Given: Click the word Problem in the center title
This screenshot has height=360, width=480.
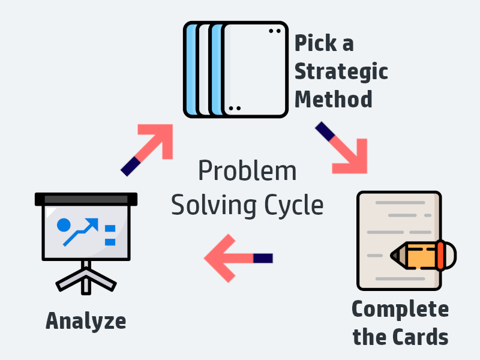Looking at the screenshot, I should pos(247,172).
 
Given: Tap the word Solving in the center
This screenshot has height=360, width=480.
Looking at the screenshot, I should pos(207,206).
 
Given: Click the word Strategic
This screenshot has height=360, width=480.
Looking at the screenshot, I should pos(341,72).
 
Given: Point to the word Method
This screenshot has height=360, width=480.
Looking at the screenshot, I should pos(333,98).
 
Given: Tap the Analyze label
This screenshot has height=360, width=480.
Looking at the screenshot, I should pos(86,320).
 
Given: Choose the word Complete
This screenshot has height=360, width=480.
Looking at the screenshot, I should pos(400,309).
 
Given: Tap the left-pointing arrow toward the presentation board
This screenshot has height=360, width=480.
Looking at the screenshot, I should pos(237,258).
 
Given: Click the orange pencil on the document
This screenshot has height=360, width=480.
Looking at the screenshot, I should pos(423,254).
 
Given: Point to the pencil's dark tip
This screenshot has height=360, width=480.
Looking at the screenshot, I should pos(395,255).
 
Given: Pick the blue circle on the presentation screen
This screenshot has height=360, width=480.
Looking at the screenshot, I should pos(63,226).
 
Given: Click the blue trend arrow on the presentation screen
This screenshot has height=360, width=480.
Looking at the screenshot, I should pos(83,230).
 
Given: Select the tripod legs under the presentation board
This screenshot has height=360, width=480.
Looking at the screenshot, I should pos(86,278).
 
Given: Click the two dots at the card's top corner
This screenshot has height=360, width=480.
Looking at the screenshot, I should pos(274,31).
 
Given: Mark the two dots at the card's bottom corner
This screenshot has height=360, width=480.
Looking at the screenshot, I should pos(235,109).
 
